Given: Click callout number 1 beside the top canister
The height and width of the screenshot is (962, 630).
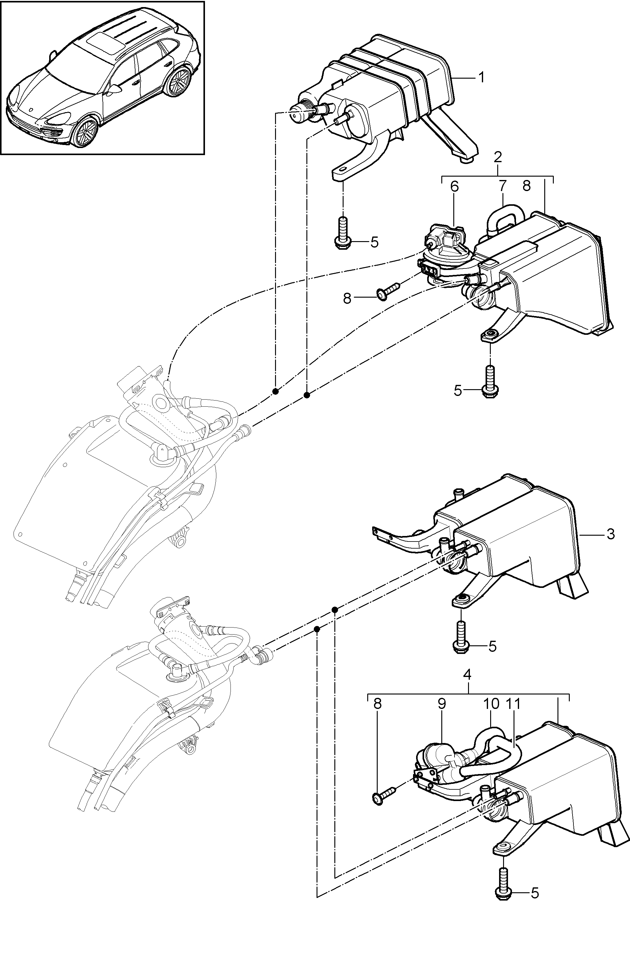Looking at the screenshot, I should tap(481, 77).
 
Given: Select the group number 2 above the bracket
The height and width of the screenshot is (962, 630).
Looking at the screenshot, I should tap(498, 157).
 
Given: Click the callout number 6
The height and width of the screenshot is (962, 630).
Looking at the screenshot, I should tap(455, 186).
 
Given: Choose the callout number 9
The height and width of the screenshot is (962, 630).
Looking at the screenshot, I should tap(442, 704).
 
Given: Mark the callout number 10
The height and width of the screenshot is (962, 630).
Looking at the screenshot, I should tap(490, 704).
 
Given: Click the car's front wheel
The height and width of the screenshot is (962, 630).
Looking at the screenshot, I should tap(86, 132).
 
